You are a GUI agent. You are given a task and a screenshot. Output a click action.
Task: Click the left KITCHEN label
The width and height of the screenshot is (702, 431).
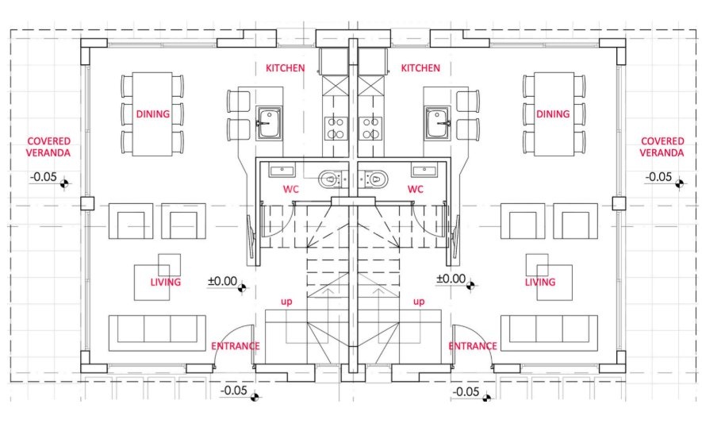pos(286,68)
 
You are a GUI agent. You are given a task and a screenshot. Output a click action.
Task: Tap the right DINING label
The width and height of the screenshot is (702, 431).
pos(553,114)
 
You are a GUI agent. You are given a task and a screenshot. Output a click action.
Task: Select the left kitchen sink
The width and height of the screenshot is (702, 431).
pos(269,123)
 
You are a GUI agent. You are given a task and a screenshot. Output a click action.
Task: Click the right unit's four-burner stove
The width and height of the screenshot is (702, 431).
pos(370,128)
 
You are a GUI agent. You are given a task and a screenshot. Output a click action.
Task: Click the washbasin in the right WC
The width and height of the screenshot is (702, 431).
pos(424,171)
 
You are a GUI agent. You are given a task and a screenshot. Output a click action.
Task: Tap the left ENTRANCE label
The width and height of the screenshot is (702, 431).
pos(235,346)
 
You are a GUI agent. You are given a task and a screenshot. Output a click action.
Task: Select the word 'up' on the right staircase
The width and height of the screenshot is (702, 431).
pos(419,302)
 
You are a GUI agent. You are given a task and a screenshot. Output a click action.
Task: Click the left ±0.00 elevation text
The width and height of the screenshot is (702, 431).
pos(223,281)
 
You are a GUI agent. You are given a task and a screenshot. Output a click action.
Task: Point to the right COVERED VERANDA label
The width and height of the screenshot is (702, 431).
pos(662,147)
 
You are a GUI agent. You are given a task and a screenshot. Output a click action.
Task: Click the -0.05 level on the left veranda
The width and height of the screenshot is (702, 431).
pos(44,177)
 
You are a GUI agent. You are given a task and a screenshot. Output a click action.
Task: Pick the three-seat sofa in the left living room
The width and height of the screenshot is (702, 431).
pos(157,333)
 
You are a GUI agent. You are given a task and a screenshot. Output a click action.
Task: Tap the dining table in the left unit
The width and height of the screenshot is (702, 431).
pos(152,114)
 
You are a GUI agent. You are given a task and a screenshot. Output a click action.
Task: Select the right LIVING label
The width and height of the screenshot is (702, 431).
pos(540,282)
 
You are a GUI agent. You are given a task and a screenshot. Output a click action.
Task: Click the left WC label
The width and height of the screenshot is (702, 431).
pos(290,189)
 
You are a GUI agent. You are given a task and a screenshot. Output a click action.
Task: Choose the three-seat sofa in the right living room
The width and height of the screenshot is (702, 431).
pos(549,333)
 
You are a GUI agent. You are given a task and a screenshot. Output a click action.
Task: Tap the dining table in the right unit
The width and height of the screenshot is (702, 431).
pos(554,114)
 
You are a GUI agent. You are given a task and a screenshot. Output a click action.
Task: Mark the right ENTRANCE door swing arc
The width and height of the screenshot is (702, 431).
pos(479,336)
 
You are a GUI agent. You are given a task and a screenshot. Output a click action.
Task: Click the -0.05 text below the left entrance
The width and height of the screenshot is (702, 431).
pos(234,391)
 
